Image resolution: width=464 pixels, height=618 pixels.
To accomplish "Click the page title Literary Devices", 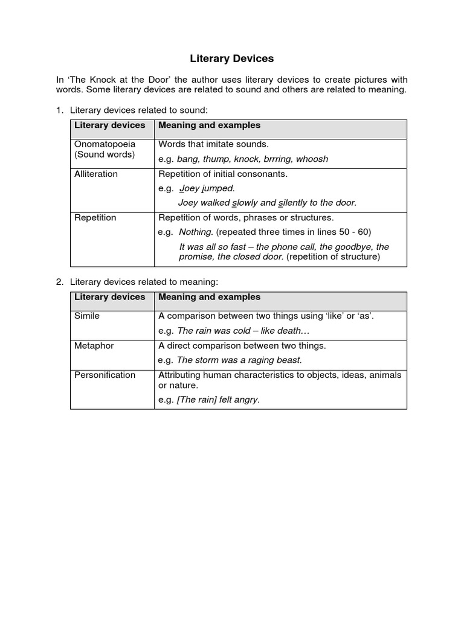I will (232, 59).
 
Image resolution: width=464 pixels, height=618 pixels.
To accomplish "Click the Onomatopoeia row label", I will (105, 144).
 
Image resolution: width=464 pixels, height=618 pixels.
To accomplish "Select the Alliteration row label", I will (96, 174).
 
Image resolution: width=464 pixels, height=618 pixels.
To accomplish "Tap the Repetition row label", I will (95, 217).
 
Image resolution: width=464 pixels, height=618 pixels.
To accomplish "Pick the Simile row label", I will (87, 316).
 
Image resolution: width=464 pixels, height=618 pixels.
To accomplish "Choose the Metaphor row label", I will (94, 346).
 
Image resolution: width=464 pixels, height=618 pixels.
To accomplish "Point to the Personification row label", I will (105, 375).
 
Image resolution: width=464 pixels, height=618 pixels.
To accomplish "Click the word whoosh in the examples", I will (313, 159).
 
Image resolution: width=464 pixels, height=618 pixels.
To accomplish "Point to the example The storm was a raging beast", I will (239, 360).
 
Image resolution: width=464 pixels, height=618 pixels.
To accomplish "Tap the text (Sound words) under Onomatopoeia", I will (104, 154).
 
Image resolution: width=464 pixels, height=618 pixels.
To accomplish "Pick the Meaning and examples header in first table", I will (209, 125).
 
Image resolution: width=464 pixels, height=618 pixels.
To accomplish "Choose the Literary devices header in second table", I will (109, 297).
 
